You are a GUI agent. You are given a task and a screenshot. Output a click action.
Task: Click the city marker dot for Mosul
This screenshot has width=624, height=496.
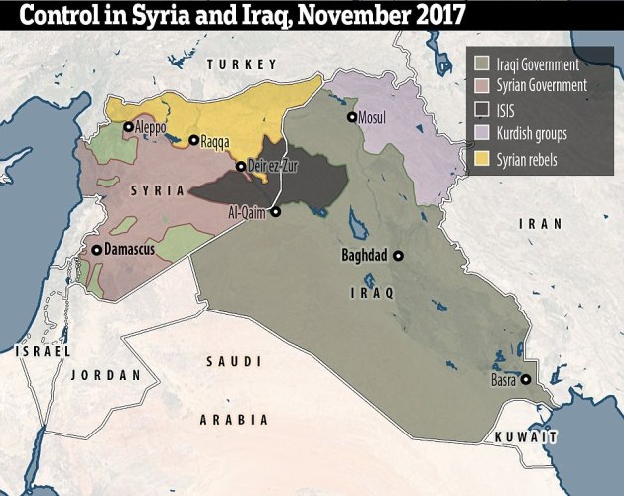coord(351,116)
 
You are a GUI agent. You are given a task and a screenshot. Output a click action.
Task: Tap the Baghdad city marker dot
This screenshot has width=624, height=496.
coord(398,255)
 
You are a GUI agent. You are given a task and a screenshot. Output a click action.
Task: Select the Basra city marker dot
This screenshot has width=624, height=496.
coord(525,379)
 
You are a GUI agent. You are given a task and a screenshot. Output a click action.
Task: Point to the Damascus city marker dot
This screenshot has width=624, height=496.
coord(96,250)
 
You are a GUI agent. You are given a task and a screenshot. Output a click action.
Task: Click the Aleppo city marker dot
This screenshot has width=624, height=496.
coord(128,127)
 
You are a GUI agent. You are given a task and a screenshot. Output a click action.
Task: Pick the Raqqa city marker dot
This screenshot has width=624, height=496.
coord(192,141)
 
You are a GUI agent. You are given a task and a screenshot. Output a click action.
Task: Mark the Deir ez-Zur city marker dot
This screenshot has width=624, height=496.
coord(240,166)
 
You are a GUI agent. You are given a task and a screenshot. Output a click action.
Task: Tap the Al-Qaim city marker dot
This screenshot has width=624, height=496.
coord(275,211)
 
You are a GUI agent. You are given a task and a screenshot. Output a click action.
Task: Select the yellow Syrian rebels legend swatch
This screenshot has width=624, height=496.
coord(482,158)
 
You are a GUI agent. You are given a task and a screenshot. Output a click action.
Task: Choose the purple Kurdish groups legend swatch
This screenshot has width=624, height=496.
coord(482,134)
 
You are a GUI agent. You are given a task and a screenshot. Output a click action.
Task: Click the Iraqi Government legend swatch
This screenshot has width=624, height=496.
coord(482,62)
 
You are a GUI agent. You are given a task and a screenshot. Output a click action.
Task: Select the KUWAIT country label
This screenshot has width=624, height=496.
coord(527,436)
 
